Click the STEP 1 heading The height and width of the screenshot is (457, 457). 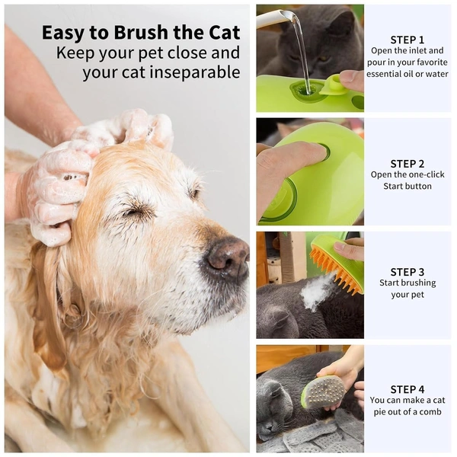[407, 40]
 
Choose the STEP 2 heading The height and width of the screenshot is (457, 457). [407, 163]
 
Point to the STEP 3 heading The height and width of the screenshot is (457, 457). [407, 272]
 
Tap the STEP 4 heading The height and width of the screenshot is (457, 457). [407, 388]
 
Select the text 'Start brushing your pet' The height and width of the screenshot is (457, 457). [407, 289]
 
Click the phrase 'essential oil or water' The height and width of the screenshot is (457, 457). [407, 74]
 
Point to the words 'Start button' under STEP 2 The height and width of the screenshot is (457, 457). [407, 186]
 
